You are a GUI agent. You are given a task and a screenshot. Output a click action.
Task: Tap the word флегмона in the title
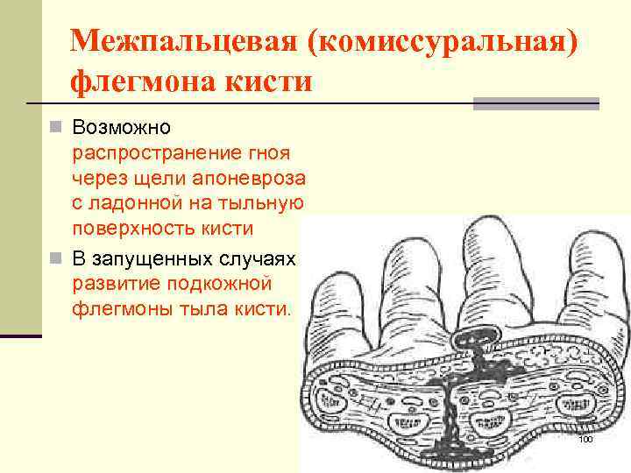(141, 82)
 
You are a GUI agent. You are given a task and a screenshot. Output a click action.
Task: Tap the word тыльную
(264, 203)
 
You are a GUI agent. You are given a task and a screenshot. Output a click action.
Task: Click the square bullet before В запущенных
(55, 260)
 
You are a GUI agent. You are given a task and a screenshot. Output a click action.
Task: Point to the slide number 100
(585, 438)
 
